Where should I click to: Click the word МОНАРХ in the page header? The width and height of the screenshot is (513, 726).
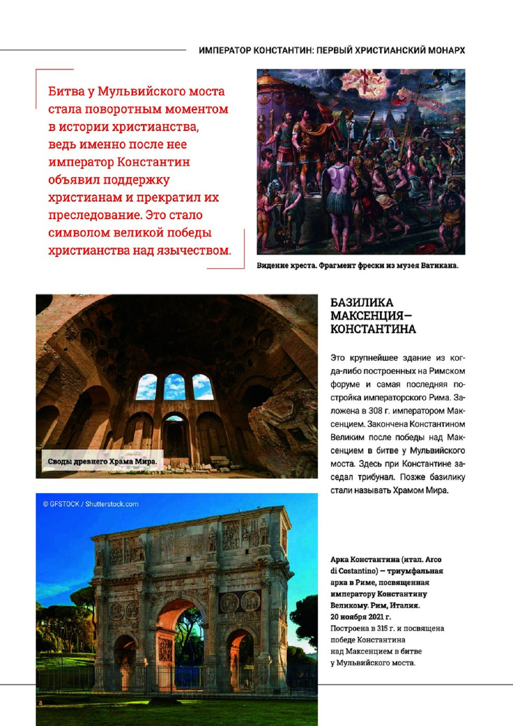446,51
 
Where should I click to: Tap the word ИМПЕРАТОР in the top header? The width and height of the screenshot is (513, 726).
225,51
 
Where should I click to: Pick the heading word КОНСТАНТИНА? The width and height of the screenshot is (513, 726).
373,329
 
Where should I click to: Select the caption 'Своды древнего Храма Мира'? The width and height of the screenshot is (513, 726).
102,462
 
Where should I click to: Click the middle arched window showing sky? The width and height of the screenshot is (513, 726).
174,387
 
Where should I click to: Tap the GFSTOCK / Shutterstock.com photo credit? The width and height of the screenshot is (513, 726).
91,504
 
